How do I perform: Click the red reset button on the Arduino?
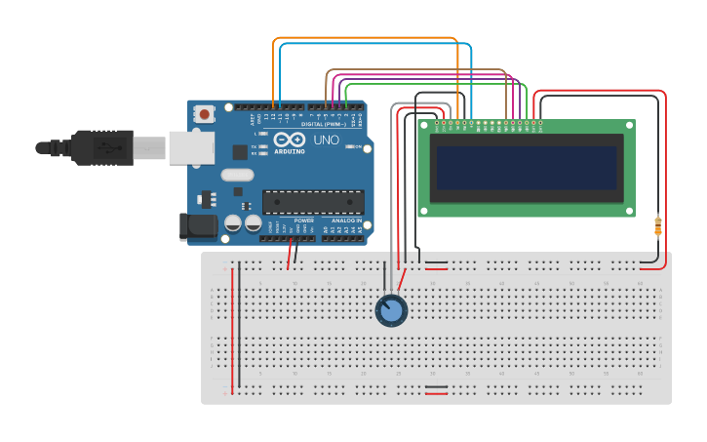204,114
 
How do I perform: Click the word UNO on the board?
326,141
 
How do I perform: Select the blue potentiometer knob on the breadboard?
391,310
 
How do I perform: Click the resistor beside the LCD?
658,226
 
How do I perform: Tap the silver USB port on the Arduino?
190,147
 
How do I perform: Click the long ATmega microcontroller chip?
313,202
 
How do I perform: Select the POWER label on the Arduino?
304,221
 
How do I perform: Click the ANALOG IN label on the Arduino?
346,221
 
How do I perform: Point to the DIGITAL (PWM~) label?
321,124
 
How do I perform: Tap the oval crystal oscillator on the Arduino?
237,176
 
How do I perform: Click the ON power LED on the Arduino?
348,147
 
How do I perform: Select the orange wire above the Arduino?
366,38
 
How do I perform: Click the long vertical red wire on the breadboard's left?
232,327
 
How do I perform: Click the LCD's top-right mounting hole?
628,126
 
